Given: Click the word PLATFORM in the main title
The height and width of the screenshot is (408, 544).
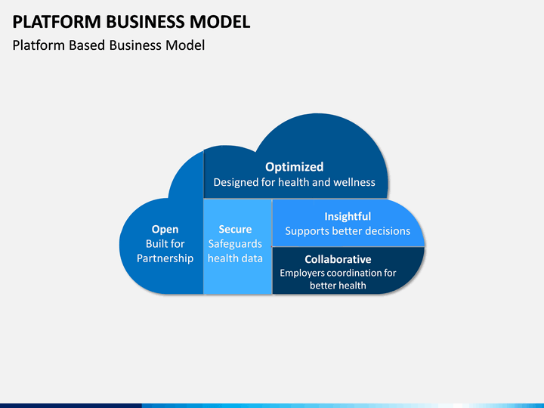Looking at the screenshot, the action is coord(57,21).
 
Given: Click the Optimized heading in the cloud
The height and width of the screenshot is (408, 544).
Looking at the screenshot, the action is coord(294,167).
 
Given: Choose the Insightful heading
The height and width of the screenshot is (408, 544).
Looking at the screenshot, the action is coord(348,217).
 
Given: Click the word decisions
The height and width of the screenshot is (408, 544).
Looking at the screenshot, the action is coord(388,231).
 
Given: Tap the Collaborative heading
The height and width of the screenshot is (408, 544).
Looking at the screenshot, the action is coord(338,259).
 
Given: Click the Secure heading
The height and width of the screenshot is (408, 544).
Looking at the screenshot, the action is coord(235,230).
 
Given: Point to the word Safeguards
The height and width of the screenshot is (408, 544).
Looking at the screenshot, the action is coord(235,244).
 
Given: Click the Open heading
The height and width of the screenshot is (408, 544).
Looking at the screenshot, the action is coord(165,230).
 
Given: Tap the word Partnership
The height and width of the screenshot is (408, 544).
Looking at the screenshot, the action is coord(165,258).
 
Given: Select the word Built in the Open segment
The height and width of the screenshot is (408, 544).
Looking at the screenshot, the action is coord(156,244).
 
